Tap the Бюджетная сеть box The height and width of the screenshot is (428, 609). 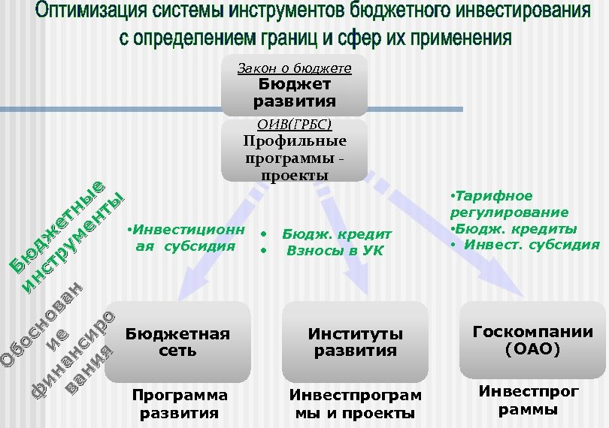[177, 342]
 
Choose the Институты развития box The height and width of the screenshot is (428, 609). [355, 342]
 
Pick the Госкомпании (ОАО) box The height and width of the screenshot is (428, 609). [532, 340]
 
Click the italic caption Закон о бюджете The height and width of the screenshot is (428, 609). [294, 68]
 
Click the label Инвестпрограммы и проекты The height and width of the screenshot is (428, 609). [356, 404]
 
